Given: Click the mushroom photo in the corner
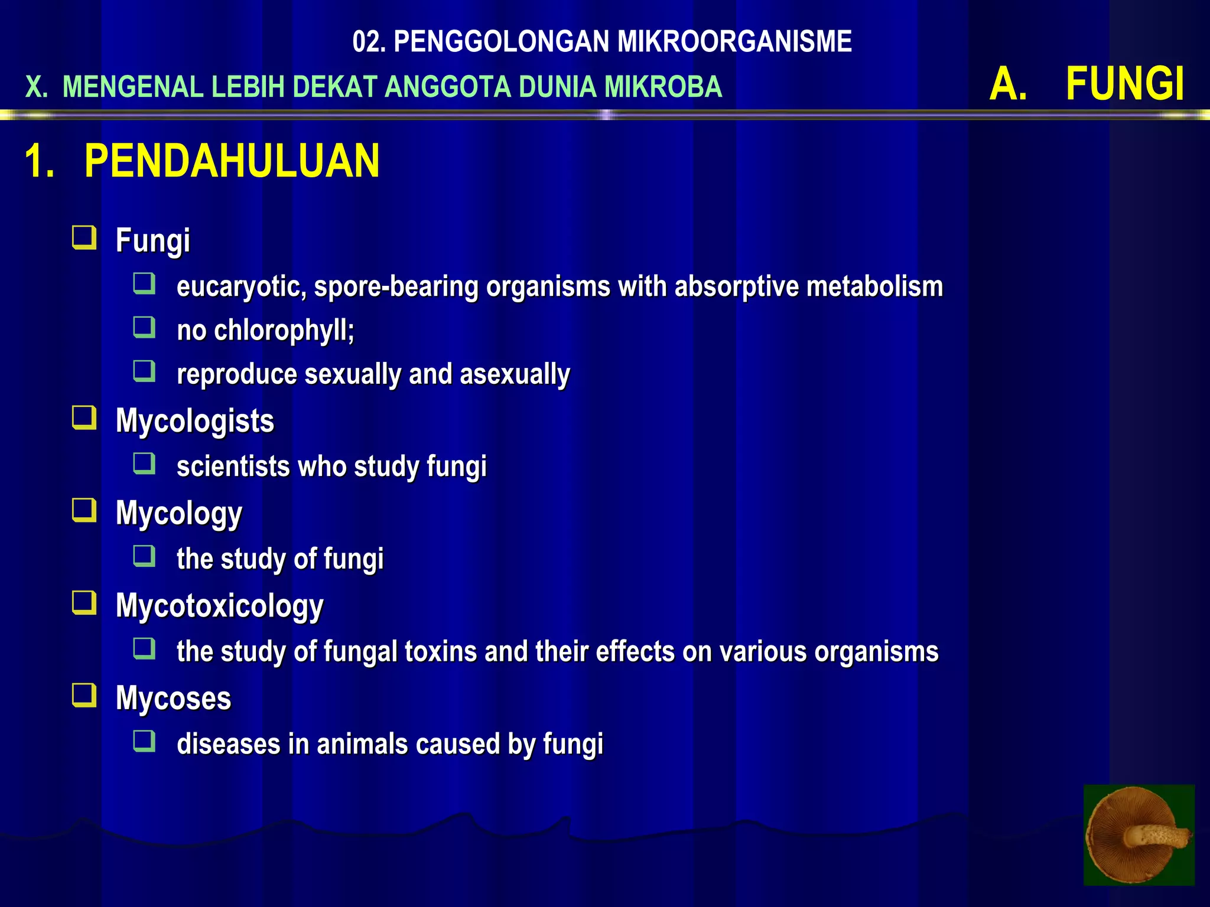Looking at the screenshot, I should click(x=1139, y=834).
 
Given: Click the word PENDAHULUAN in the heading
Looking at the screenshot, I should click(x=232, y=161).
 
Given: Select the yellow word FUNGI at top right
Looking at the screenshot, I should click(x=1124, y=84).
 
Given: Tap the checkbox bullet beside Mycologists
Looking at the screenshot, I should click(x=84, y=418).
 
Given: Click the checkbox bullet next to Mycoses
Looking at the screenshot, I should click(x=84, y=696).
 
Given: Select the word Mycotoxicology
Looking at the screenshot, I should click(x=220, y=606).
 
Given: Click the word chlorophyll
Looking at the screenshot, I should click(x=284, y=330).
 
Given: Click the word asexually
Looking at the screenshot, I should click(x=515, y=374).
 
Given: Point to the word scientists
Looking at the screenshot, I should click(x=233, y=466).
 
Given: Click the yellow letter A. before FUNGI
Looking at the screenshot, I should click(x=1008, y=84).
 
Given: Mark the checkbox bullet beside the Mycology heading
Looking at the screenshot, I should click(x=84, y=511).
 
